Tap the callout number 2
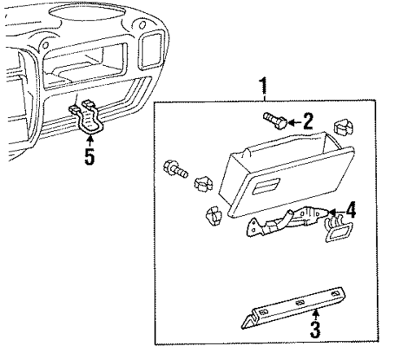tap(307, 122)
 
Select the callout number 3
tap(315, 331)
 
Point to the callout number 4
tap(350, 211)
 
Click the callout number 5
tap(90, 156)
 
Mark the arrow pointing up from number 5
tap(90, 141)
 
